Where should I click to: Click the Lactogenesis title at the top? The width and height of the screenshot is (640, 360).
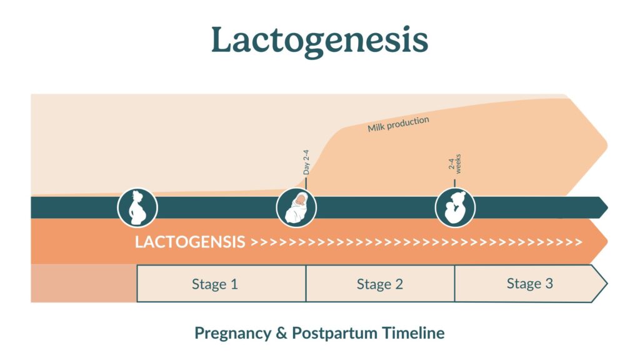pyautogui.click(x=319, y=41)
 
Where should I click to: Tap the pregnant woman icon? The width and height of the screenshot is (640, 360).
pyautogui.click(x=137, y=207)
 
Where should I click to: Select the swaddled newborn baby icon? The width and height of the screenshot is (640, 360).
pyautogui.click(x=296, y=207)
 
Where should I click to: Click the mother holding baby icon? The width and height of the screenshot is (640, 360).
pyautogui.click(x=455, y=207)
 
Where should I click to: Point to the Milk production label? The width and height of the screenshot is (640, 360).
pyautogui.click(x=398, y=124)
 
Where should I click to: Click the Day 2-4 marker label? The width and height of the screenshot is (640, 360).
pyautogui.click(x=306, y=162)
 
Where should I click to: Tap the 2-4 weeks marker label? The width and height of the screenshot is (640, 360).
pyautogui.click(x=454, y=164)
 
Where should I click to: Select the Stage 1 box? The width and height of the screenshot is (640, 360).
pyautogui.click(x=221, y=284)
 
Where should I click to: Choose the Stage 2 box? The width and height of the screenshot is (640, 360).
pyautogui.click(x=380, y=284)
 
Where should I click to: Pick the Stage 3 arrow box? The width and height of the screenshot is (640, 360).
pyautogui.click(x=530, y=284)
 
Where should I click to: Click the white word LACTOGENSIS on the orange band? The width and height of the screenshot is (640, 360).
pyautogui.click(x=190, y=242)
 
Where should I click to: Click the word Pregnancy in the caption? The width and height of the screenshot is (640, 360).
pyautogui.click(x=232, y=334)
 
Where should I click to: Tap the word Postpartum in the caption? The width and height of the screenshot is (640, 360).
pyautogui.click(x=335, y=334)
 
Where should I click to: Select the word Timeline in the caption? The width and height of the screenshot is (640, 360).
pyautogui.click(x=414, y=332)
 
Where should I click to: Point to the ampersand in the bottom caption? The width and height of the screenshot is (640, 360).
pyautogui.click(x=282, y=333)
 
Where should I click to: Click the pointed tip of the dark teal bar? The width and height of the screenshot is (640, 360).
pyautogui.click(x=607, y=207)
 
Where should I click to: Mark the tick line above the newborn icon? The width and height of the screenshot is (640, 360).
pyautogui.click(x=306, y=182)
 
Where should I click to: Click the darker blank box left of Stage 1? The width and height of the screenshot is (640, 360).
pyautogui.click(x=84, y=284)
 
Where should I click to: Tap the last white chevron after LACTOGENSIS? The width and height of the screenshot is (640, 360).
pyautogui.click(x=578, y=242)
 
